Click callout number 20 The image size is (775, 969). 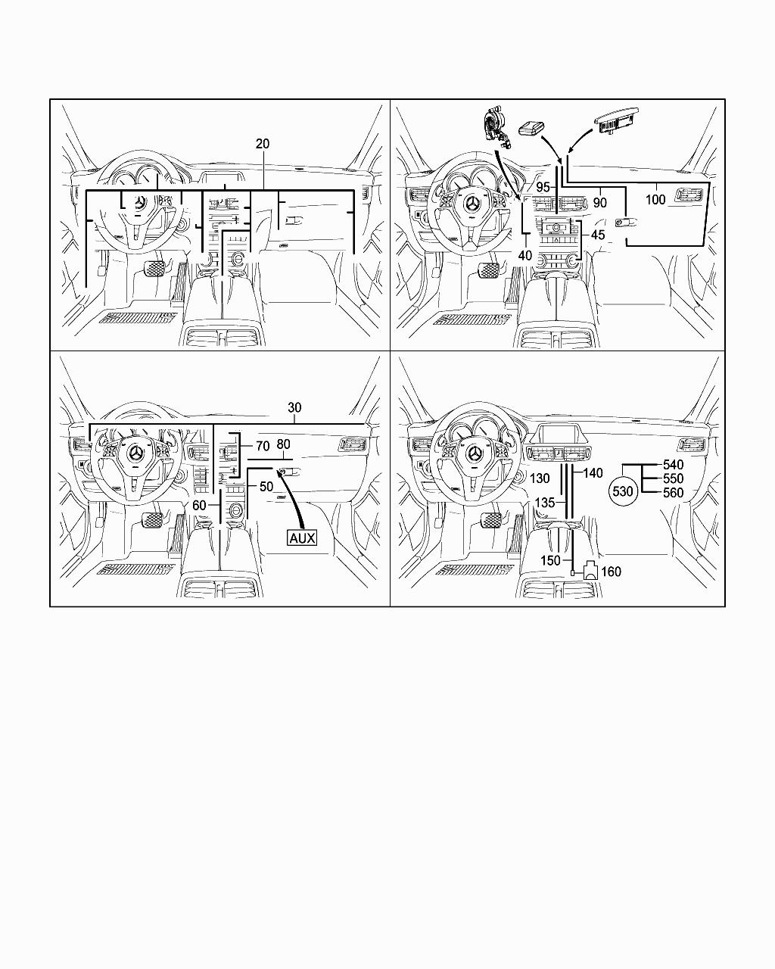click(x=263, y=144)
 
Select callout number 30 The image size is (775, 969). click(x=294, y=407)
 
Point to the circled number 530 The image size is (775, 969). click(x=622, y=492)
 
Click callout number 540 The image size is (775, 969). click(x=673, y=465)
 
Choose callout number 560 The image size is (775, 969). click(x=673, y=493)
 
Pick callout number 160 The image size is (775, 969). click(x=611, y=572)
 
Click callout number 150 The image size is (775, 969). click(x=550, y=560)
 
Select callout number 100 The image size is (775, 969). click(x=655, y=199)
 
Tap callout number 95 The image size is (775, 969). click(x=543, y=187)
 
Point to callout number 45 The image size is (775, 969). click(x=598, y=235)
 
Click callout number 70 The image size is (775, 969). click(x=263, y=447)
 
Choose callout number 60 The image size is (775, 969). click(x=199, y=505)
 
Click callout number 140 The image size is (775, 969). click(x=593, y=473)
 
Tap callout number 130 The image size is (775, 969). click(x=540, y=478)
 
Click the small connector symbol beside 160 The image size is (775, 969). click(x=590, y=572)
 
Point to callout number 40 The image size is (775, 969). click(x=524, y=256)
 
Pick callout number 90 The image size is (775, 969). click(x=599, y=203)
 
